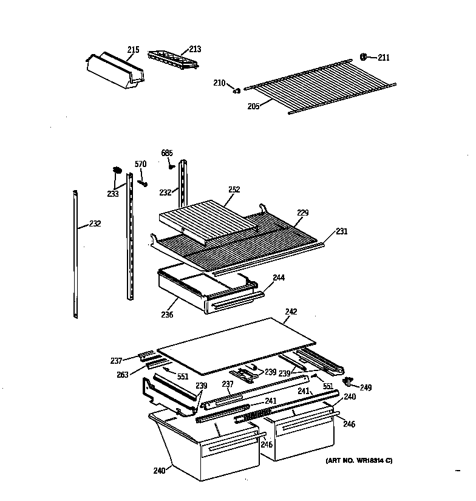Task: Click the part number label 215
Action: pyautogui.click(x=133, y=49)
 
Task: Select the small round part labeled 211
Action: pyautogui.click(x=363, y=57)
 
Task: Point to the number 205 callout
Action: pyautogui.click(x=253, y=106)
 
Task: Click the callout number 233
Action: pyautogui.click(x=112, y=194)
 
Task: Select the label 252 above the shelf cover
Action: pyautogui.click(x=234, y=189)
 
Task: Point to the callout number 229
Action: pyautogui.click(x=302, y=213)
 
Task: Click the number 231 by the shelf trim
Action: pyautogui.click(x=342, y=231)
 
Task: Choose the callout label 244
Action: pyautogui.click(x=279, y=278)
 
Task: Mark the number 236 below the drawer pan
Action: pyautogui.click(x=167, y=315)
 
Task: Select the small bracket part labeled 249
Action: pyautogui.click(x=349, y=381)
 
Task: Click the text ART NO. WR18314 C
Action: pyautogui.click(x=355, y=460)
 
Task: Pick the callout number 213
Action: pyautogui.click(x=195, y=49)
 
